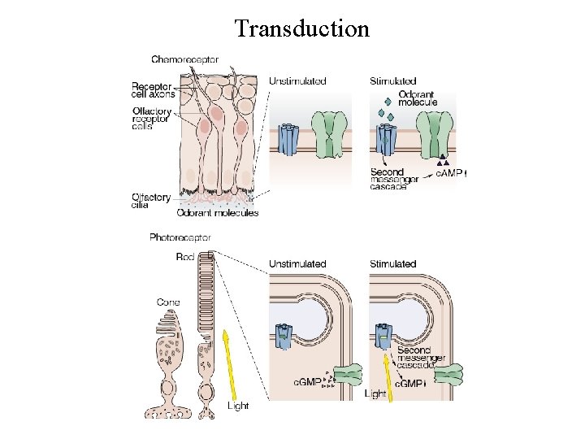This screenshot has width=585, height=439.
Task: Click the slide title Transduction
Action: pos(301,29)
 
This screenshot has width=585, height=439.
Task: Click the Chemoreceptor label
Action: pos(184,59)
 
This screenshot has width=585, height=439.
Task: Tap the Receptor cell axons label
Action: pos(152,89)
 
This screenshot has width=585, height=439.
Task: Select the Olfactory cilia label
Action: pos(152,201)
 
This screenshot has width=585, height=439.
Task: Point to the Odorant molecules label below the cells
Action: pos(218,213)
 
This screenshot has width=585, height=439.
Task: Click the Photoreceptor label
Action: pos(180,237)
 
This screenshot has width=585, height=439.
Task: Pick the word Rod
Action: pos(184,257)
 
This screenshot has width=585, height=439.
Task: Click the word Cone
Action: pos(168,302)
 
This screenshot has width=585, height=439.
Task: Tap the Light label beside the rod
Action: pos(237,405)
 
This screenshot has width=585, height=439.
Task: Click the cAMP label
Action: pos(452,172)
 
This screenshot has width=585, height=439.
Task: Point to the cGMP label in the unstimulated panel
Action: pos(307,380)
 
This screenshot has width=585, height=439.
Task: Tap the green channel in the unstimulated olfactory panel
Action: pos(329,135)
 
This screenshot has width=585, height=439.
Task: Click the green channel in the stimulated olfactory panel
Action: pos(436,135)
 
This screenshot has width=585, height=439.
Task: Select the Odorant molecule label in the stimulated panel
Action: pos(417,98)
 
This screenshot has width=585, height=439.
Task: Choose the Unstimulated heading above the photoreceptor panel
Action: pos(297,264)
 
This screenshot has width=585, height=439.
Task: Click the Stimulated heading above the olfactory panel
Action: pos(393,81)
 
